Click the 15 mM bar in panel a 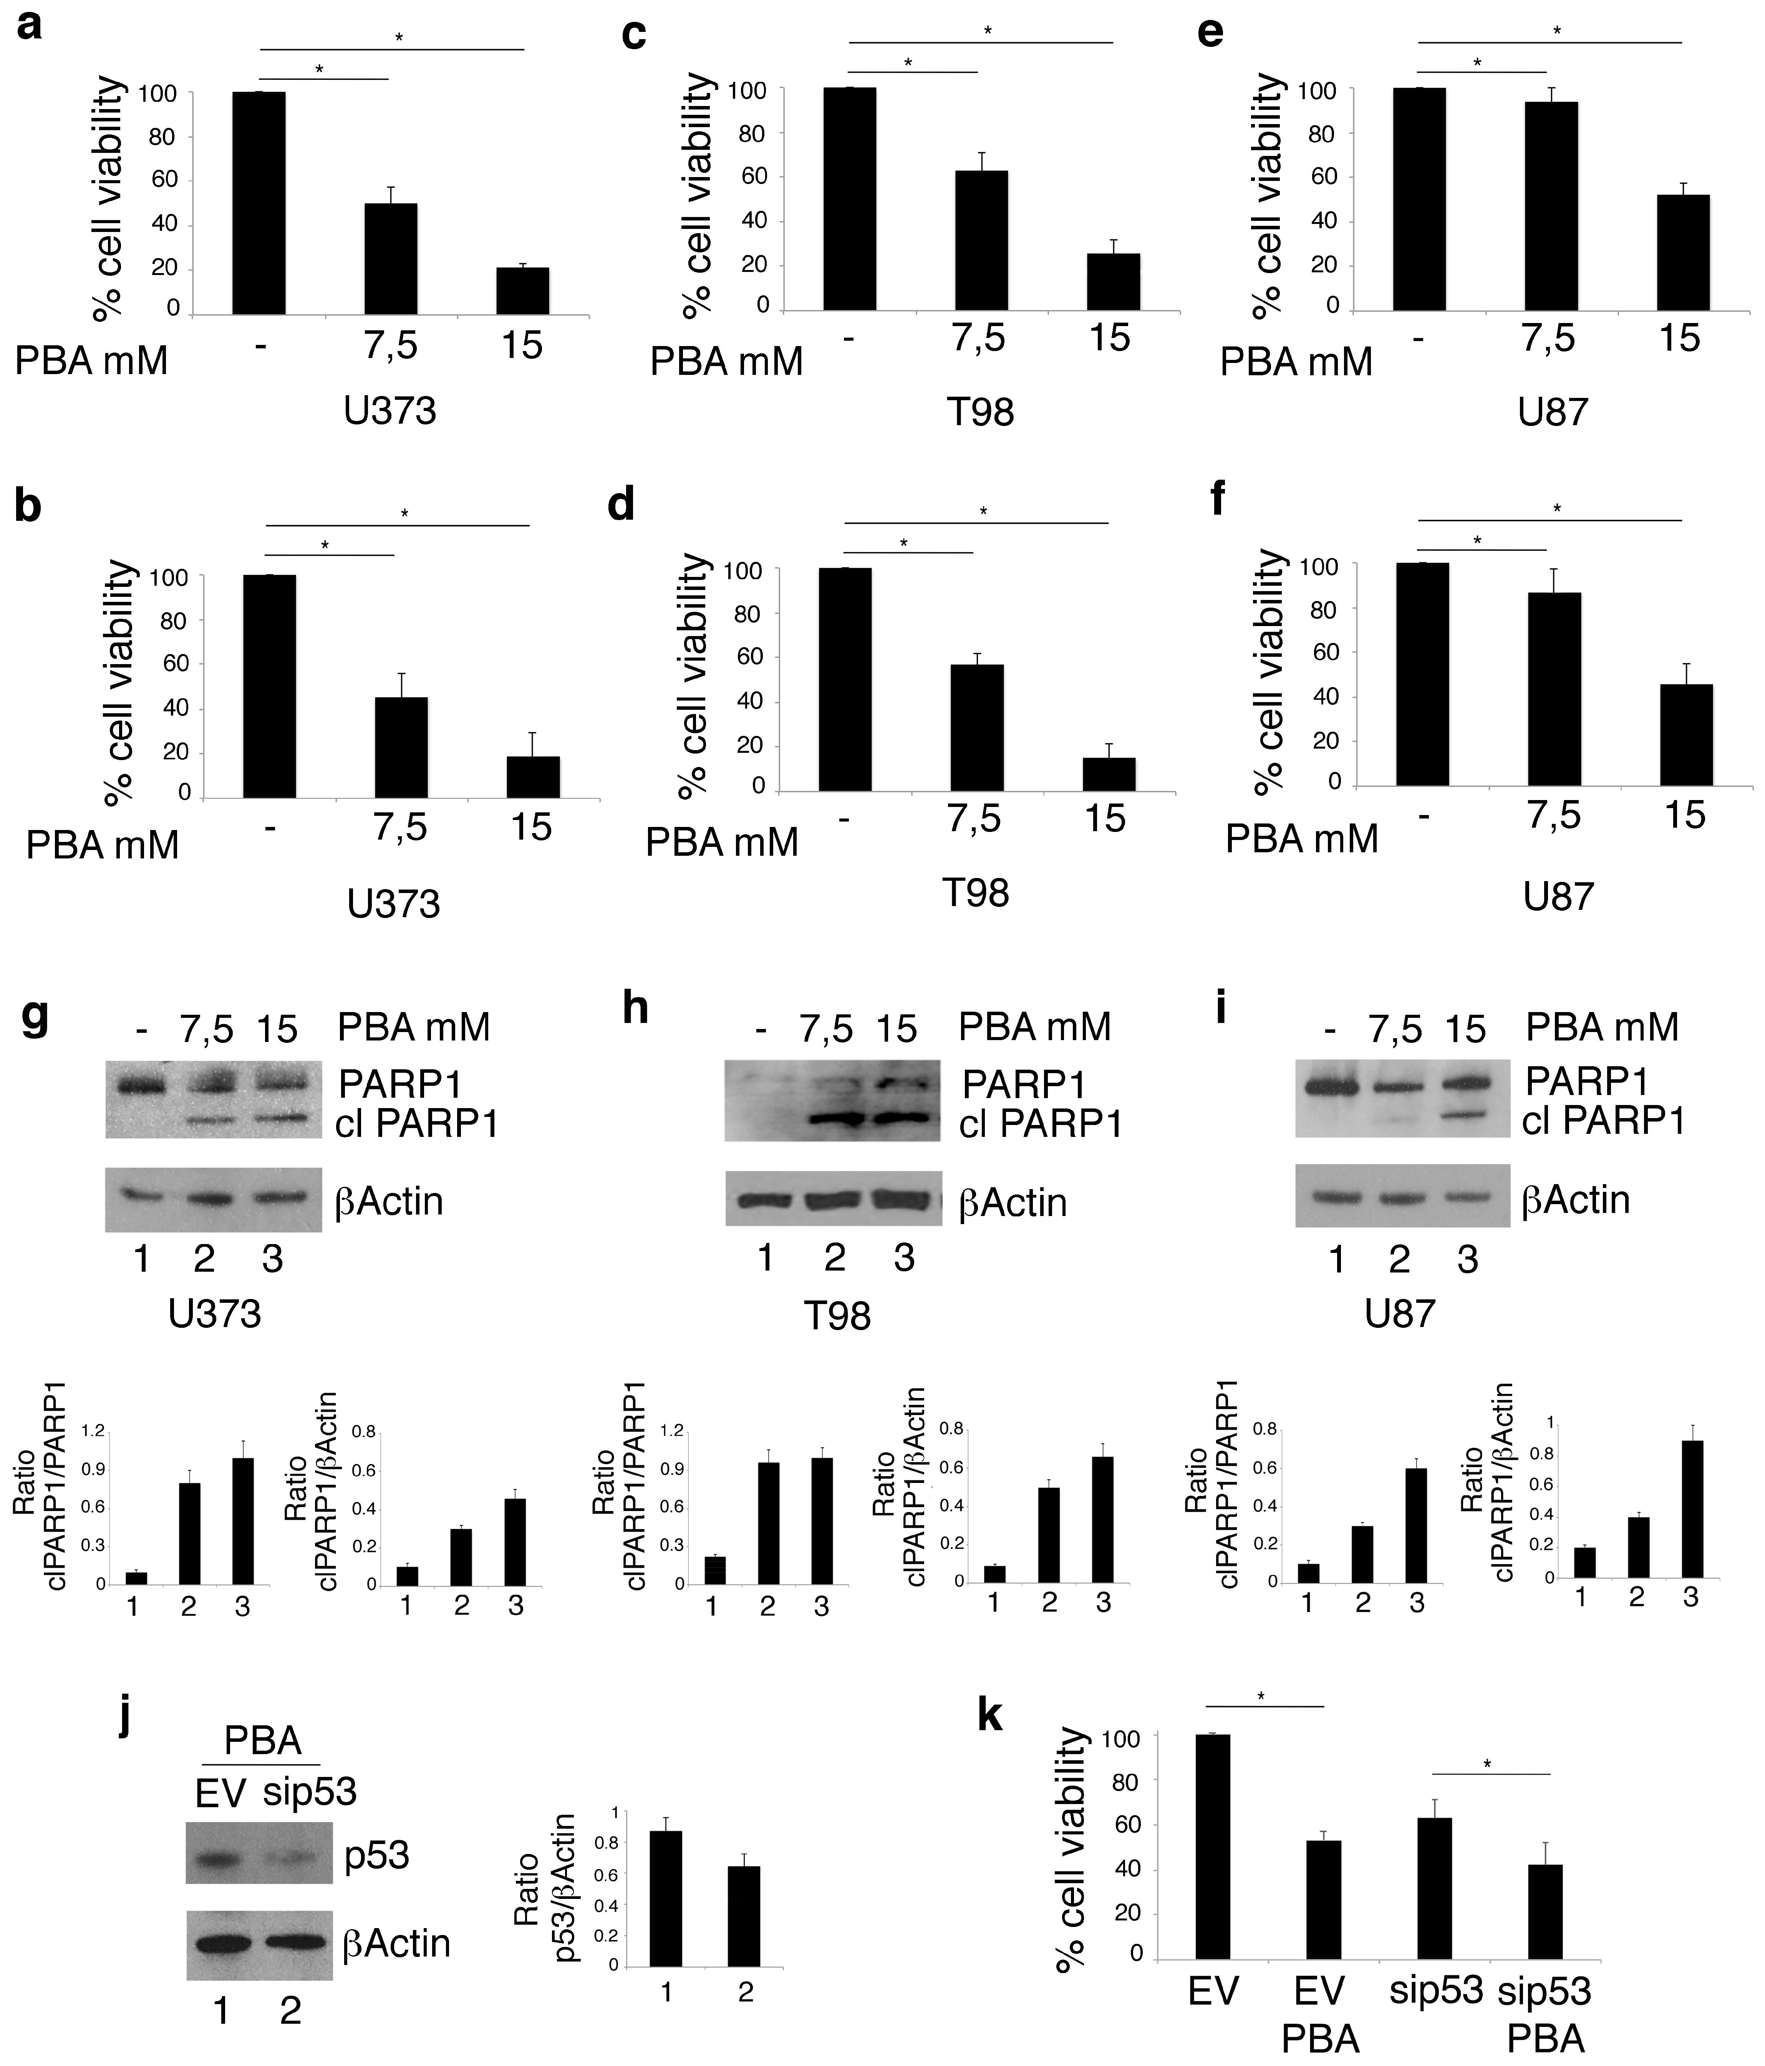(522, 291)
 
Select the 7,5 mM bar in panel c (981, 239)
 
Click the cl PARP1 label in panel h (1040, 1125)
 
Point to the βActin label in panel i (1576, 1200)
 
